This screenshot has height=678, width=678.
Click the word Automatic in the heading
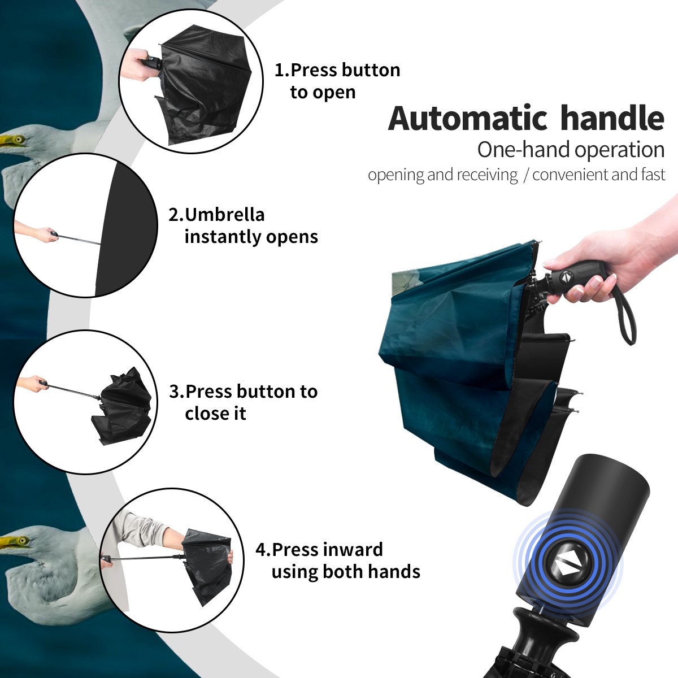coord(468,118)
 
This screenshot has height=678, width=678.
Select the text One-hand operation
coord(571,150)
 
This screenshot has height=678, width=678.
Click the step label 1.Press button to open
coord(337,81)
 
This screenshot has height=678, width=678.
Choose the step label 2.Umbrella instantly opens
coord(243,225)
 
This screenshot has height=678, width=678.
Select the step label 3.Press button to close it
coord(243,402)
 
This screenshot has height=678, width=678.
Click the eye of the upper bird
coord(18,140)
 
